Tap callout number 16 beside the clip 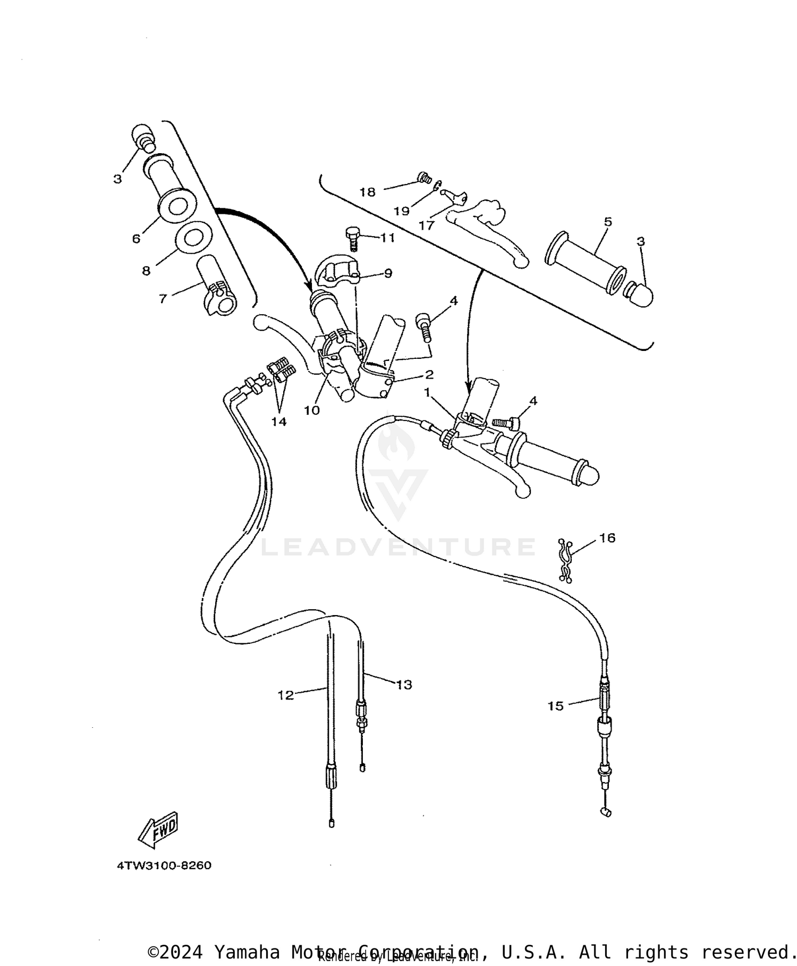coord(607,538)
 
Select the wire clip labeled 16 coord(566,560)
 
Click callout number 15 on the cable coord(555,706)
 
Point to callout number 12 coord(285,695)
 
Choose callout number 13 coord(404,685)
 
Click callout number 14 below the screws coord(278,422)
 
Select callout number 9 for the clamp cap coord(388,273)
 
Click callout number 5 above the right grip coord(608,222)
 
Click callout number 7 coord(163,299)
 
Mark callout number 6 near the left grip coord(137,239)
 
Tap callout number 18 coord(367,192)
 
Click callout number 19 coord(401,211)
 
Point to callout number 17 coord(426,225)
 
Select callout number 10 coord(312,410)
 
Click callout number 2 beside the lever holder coord(429,375)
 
